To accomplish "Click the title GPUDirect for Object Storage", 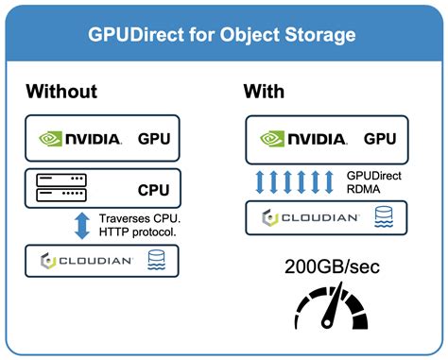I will pyautogui.click(x=224, y=39).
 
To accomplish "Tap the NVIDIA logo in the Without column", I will pyautogui.click(x=79, y=138).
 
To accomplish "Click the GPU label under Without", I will pyautogui.click(x=154, y=138).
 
